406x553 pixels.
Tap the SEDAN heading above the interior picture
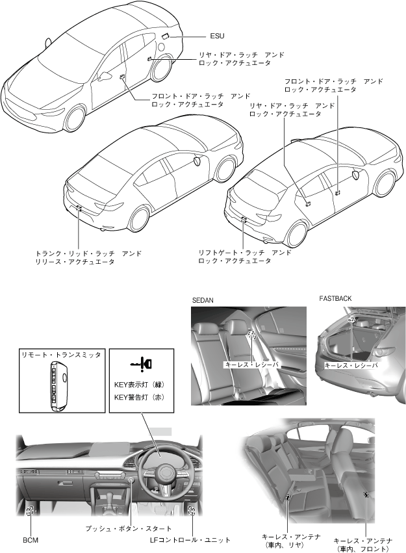pyautogui.click(x=204, y=301)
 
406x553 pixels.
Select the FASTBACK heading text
pyautogui.click(x=335, y=298)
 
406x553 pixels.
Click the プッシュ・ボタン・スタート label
pyautogui.click(x=129, y=528)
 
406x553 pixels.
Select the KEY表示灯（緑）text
pyautogui.click(x=141, y=385)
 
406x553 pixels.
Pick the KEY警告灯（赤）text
pyautogui.click(x=141, y=396)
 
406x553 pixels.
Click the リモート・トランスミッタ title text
pyautogui.click(x=60, y=354)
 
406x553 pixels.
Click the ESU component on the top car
pyautogui.click(x=165, y=36)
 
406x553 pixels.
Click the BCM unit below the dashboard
pyautogui.click(x=30, y=511)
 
